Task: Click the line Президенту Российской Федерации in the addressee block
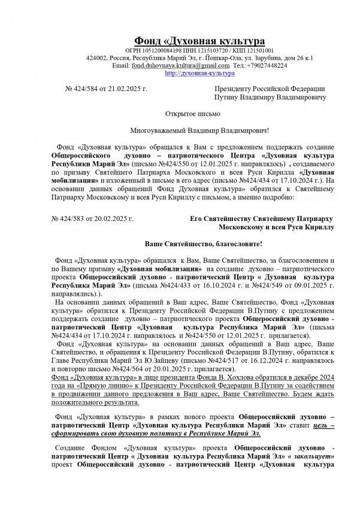270,89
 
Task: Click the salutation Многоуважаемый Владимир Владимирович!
200,130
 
